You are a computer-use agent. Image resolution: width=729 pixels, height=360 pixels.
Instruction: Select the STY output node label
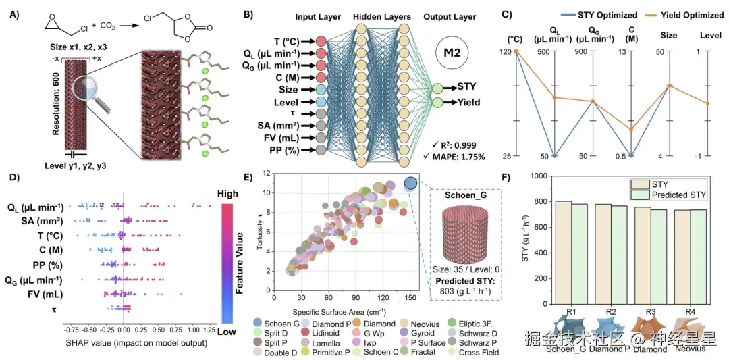(x=466, y=86)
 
